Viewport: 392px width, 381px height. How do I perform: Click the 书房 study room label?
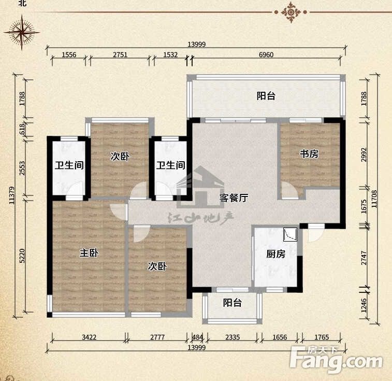click(x=309, y=154)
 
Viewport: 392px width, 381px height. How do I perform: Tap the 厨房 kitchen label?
click(x=275, y=254)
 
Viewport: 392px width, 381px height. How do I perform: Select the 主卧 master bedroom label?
click(x=89, y=253)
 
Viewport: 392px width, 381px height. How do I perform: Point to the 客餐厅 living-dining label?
click(x=234, y=198)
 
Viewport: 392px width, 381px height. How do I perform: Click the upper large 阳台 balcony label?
click(x=266, y=96)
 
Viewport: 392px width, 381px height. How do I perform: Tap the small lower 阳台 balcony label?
click(x=233, y=303)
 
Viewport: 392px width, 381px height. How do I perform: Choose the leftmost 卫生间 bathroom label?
click(x=69, y=165)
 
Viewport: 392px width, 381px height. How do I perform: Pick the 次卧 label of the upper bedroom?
click(x=120, y=157)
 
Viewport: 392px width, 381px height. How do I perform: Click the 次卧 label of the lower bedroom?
click(x=157, y=266)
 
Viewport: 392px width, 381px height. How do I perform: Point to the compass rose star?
click(x=22, y=33)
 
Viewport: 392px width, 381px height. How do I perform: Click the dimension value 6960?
click(x=266, y=54)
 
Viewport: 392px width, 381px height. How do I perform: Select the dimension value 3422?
click(x=89, y=337)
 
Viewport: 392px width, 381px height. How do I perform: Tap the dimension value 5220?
click(x=22, y=256)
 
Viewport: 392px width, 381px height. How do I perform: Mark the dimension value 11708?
click(x=374, y=199)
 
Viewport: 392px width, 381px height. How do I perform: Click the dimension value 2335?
click(x=233, y=337)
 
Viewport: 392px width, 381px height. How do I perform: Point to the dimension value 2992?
click(x=364, y=154)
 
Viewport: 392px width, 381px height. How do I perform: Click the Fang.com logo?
click(x=336, y=359)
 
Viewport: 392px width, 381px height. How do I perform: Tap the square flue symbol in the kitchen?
click(x=290, y=234)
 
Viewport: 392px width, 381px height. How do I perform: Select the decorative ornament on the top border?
click(x=291, y=12)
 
